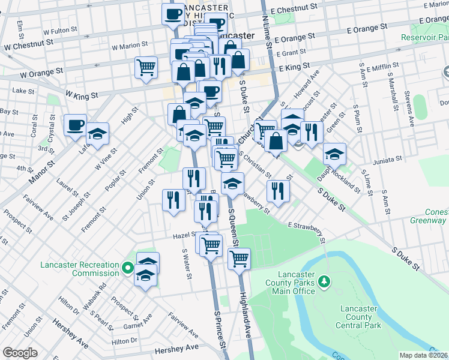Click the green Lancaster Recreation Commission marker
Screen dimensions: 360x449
pyautogui.click(x=127, y=268)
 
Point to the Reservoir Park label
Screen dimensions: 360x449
pyautogui.click(x=424, y=37)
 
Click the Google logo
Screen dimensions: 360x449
pyautogui.click(x=20, y=353)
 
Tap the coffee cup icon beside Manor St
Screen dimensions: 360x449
pyautogui.click(x=75, y=125)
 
